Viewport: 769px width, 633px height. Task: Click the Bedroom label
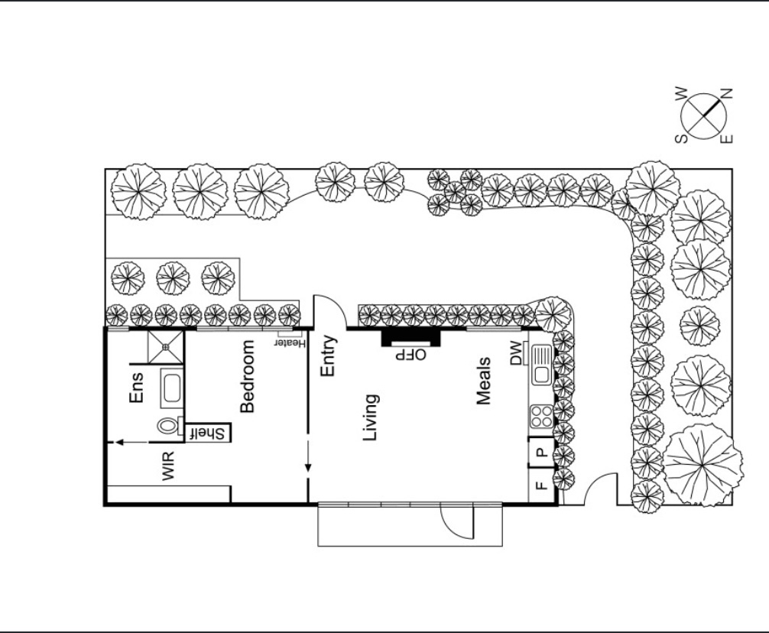pos(247,376)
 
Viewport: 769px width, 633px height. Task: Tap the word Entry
pos(328,355)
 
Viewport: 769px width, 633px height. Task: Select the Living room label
pos(370,417)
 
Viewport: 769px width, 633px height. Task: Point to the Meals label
pos(484,381)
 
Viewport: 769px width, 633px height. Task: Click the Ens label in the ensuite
pos(136,388)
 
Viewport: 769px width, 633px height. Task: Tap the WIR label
pos(167,466)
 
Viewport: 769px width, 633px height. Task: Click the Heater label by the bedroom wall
pos(290,343)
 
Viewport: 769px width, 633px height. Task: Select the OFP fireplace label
pos(411,355)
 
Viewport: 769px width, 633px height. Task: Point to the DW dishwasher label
pos(517,353)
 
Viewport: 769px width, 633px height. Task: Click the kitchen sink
pos(542,365)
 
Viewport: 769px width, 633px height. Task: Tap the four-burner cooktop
pos(541,417)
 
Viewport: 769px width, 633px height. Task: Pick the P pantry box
pos(541,452)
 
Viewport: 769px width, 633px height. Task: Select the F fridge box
pos(541,485)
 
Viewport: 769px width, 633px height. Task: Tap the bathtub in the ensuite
pos(172,388)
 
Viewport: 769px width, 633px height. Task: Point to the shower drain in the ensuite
pos(166,347)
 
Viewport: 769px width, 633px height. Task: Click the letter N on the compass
pos(726,93)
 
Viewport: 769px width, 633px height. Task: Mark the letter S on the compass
pos(682,139)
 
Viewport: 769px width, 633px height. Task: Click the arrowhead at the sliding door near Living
pos(308,467)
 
